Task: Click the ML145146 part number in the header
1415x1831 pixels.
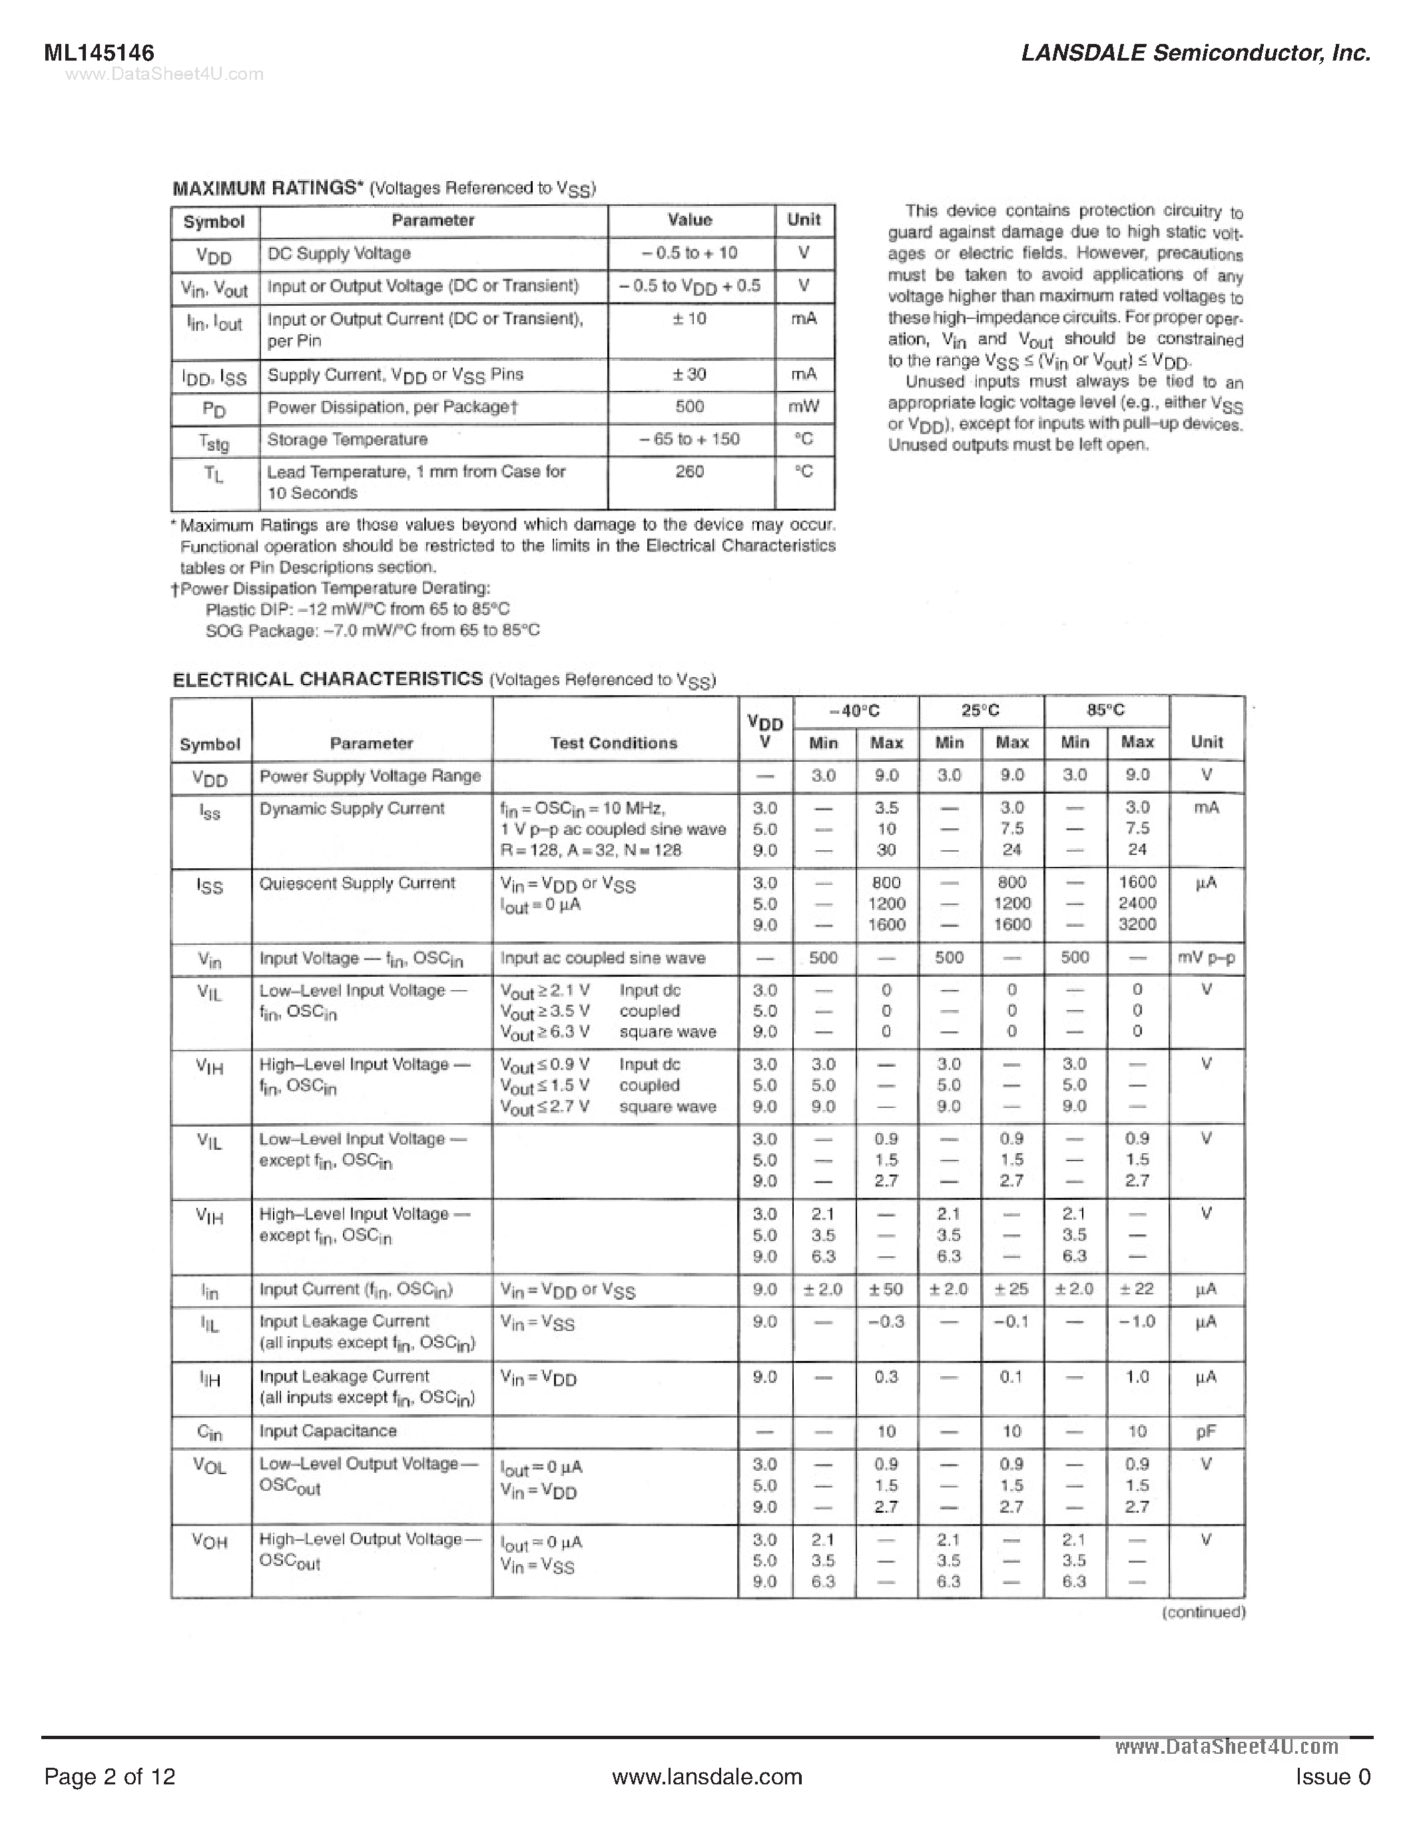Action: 99,53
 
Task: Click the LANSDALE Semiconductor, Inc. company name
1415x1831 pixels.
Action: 1195,53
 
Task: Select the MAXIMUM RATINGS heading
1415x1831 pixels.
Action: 265,188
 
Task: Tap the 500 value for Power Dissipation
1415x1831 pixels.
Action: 689,407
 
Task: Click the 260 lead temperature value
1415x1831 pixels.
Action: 689,472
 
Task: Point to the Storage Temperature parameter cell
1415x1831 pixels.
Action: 347,439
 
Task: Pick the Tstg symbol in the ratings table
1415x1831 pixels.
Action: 214,441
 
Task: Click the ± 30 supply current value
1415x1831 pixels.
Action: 689,374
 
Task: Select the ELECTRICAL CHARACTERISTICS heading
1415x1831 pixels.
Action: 328,679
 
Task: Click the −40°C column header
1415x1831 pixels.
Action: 854,711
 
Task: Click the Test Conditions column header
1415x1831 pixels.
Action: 614,743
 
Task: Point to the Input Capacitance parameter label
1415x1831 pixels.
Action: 328,1431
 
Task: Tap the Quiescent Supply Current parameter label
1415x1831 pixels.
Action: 357,883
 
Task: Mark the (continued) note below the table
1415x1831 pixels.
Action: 1203,1612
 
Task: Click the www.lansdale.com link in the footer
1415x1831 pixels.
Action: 707,1776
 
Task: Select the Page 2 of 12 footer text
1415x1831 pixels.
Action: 110,1776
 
